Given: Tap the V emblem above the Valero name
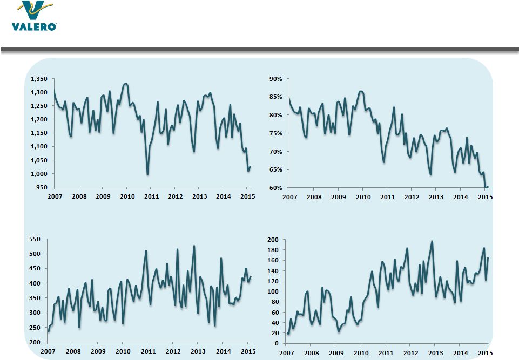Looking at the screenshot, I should click(33, 10).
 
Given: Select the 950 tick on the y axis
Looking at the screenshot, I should click(41, 187).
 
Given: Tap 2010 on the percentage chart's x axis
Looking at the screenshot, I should click(363, 197).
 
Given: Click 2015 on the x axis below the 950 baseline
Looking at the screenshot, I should click(247, 196).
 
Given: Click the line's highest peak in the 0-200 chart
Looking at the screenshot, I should click(432, 241).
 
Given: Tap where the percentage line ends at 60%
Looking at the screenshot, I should click(487, 187).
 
